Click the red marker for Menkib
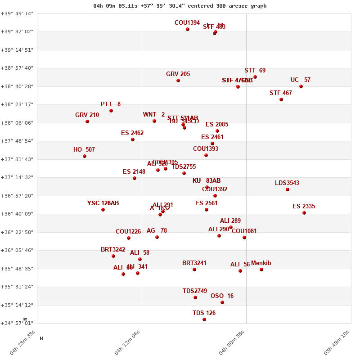click(x=261, y=270)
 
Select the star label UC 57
click(x=300, y=80)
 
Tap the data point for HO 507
click(x=85, y=156)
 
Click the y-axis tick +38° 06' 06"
click(x=17, y=123)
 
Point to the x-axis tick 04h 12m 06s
click(x=128, y=343)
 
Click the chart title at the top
click(x=180, y=6)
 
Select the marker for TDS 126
click(x=204, y=319)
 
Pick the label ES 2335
click(x=304, y=207)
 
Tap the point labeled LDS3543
click(x=288, y=189)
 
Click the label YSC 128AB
click(x=103, y=203)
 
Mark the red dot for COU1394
click(x=188, y=29)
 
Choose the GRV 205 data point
click(x=178, y=81)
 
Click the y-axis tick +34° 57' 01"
click(x=17, y=323)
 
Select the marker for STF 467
click(x=281, y=99)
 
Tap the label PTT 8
click(x=111, y=104)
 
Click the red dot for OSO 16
click(x=222, y=302)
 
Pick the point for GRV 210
click(x=87, y=121)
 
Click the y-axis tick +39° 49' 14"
click(x=17, y=13)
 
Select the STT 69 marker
click(x=255, y=77)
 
